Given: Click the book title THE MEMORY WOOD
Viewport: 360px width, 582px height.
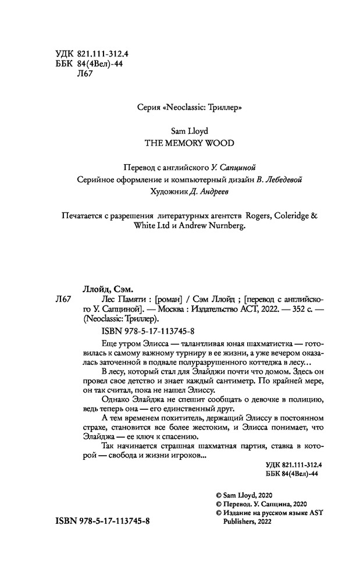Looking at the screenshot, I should click(180, 141).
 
